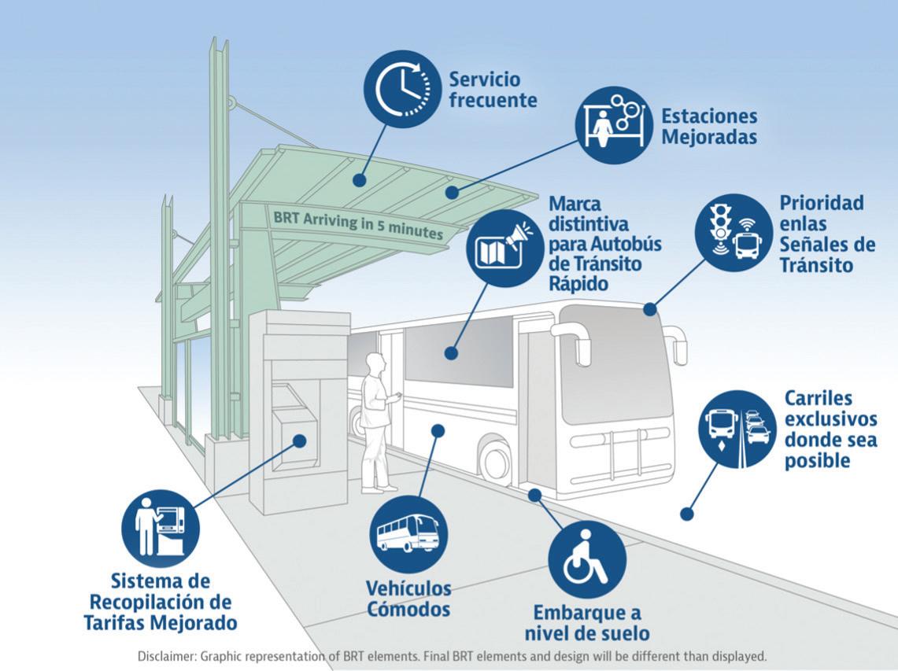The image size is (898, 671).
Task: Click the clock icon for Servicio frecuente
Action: pos(401,88)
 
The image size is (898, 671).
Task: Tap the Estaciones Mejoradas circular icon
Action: pos(614,124)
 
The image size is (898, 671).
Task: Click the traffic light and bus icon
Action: pos(732,227)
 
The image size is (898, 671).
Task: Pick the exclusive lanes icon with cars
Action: pos(737,428)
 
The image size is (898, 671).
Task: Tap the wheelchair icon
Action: pos(587,561)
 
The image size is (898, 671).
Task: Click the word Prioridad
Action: pos(822,203)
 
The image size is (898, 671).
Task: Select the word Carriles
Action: pos(819,398)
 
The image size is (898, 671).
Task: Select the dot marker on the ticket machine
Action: pos(300,441)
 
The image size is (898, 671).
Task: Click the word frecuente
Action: pos(493,100)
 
